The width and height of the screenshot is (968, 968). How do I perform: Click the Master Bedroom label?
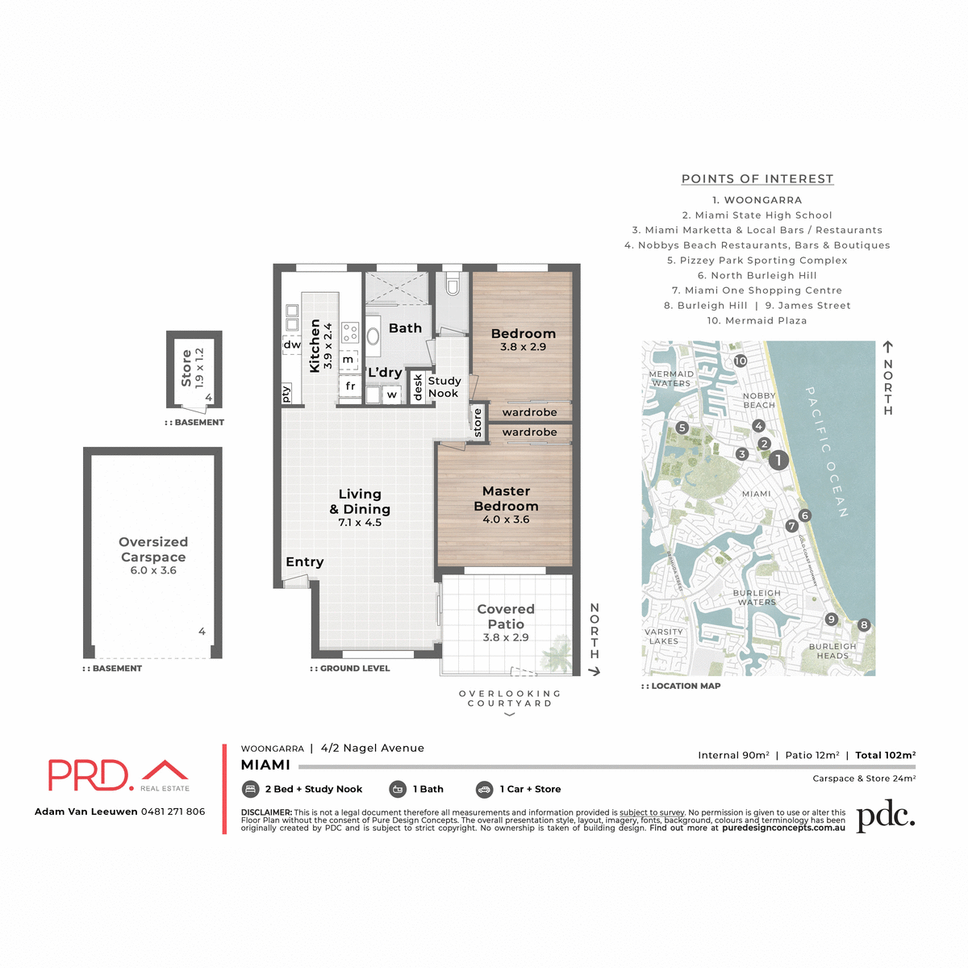(506, 499)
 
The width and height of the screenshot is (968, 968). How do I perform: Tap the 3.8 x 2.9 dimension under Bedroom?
(523, 347)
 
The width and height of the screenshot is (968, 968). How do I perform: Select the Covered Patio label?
(506, 616)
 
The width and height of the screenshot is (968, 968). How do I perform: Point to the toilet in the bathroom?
(453, 286)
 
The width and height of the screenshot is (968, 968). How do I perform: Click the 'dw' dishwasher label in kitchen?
(291, 344)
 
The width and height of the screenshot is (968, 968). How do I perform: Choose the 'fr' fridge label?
(350, 386)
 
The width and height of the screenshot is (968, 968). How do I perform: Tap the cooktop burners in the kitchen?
(350, 332)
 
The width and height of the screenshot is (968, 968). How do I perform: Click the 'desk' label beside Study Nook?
(418, 387)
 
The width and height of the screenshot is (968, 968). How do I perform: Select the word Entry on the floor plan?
(304, 562)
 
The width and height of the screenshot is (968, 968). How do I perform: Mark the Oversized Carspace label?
(153, 549)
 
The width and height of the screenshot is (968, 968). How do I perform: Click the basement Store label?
(186, 368)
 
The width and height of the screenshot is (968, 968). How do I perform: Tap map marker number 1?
(778, 460)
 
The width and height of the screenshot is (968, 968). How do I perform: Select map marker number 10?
(740, 361)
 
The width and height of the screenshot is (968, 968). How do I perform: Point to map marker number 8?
(864, 624)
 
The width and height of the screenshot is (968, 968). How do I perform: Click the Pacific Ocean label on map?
(827, 452)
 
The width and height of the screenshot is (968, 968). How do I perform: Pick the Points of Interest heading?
(757, 179)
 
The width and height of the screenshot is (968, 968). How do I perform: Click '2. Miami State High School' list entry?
(757, 215)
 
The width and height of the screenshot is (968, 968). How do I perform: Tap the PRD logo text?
(90, 775)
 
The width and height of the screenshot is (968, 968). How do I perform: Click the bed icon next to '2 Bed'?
(250, 789)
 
